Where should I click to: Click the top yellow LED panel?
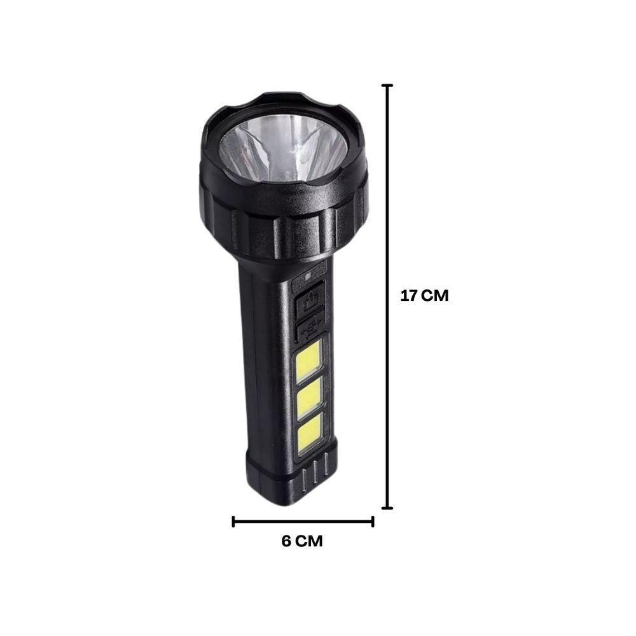308,360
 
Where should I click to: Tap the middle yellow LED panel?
308,398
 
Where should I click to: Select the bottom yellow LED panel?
308,434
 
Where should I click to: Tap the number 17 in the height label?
409,296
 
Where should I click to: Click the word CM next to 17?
436,296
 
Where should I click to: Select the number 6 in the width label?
286,541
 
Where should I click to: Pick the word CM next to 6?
310,541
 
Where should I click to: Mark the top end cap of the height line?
387,85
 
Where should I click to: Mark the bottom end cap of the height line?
387,508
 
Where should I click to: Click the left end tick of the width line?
234,522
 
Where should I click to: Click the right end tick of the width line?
373,522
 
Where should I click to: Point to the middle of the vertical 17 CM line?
387,296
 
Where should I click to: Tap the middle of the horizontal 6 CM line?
303,522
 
